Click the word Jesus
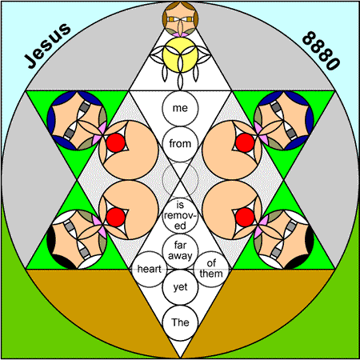click(x=48, y=46)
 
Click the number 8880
click(x=321, y=50)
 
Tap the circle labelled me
click(x=180, y=108)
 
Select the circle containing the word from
click(x=180, y=144)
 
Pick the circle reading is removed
click(x=180, y=215)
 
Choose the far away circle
click(x=180, y=251)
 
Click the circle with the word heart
click(x=150, y=269)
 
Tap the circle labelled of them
click(x=211, y=269)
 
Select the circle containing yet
click(x=180, y=287)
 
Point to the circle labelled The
click(x=180, y=322)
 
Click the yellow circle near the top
click(x=180, y=54)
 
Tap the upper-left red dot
click(x=116, y=143)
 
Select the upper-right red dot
click(x=245, y=143)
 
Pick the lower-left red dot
click(x=116, y=217)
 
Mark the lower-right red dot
click(x=245, y=217)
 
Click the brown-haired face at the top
click(x=180, y=19)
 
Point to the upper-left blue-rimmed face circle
click(x=77, y=121)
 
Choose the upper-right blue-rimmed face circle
click(x=284, y=121)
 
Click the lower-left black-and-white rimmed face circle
click(x=77, y=239)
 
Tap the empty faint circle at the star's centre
click(x=180, y=180)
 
